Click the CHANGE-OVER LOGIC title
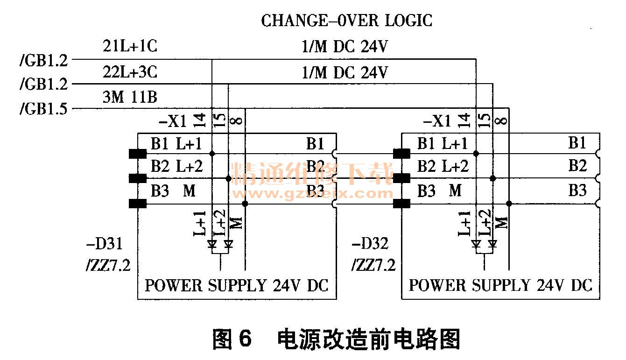click(x=346, y=21)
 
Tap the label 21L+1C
click(x=130, y=47)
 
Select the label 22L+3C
click(x=130, y=72)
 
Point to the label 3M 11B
click(x=130, y=97)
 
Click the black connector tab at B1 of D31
click(x=137, y=153)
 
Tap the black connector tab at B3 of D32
click(x=402, y=204)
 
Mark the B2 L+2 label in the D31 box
click(x=176, y=166)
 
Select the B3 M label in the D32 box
click(x=439, y=191)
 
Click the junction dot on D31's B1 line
click(x=212, y=153)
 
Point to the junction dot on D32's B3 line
click(x=509, y=204)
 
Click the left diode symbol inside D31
click(x=212, y=244)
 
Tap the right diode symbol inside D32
click(x=492, y=244)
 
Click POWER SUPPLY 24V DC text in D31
click(x=237, y=285)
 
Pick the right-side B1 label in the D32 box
click(x=577, y=143)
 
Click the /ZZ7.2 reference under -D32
click(x=373, y=265)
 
